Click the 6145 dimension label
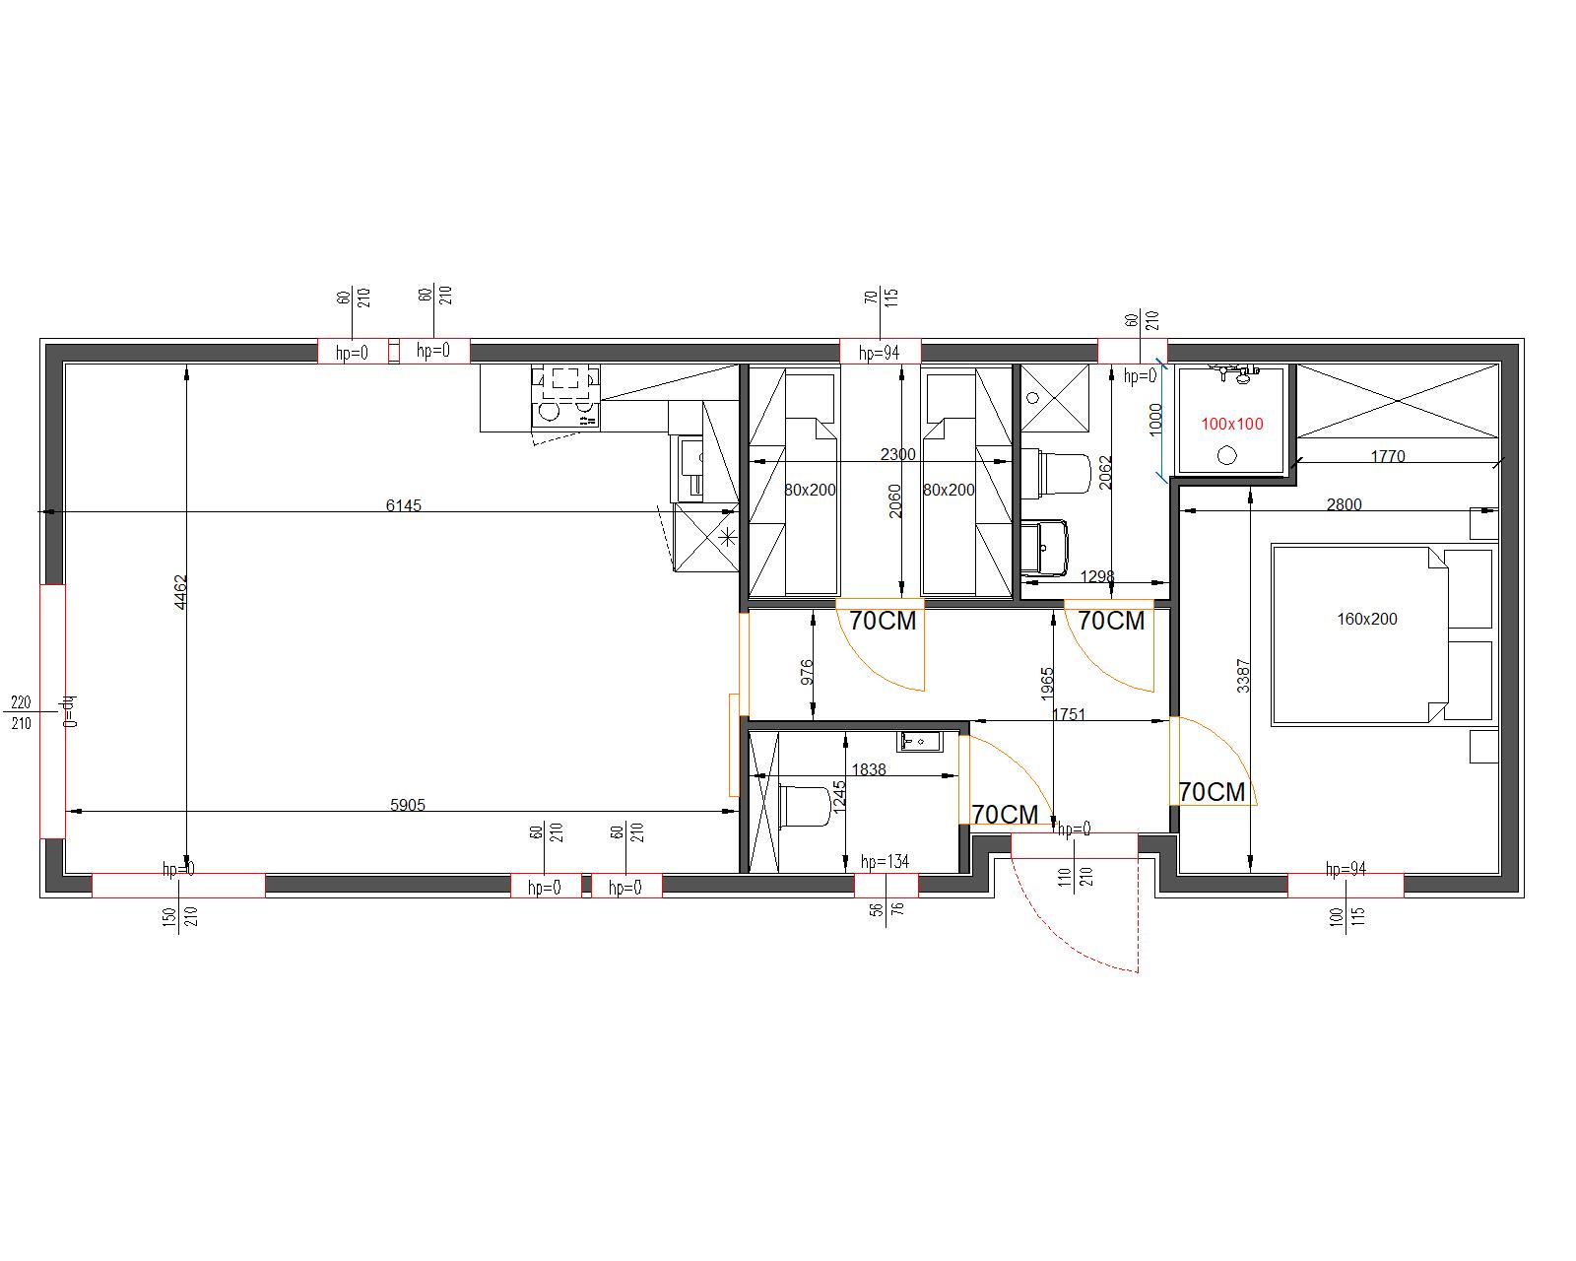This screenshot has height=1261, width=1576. (403, 505)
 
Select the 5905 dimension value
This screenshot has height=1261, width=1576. (407, 805)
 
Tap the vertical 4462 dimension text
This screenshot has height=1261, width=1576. (180, 592)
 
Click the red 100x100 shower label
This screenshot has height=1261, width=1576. (1232, 424)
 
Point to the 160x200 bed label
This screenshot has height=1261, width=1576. (1366, 619)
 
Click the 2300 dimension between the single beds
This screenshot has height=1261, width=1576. (898, 454)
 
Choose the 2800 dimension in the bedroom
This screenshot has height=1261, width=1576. (1344, 504)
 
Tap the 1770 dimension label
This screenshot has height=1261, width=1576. (1388, 456)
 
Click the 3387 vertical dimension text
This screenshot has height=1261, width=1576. (1243, 676)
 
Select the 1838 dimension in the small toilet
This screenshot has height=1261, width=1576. (869, 770)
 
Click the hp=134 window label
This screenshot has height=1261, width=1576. (885, 862)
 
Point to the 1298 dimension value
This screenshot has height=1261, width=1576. (1097, 577)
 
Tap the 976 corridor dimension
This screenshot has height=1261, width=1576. (807, 672)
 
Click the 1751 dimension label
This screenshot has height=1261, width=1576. (1069, 714)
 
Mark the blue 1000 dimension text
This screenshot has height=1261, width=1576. (1155, 420)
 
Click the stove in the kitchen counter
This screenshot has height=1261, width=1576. (565, 396)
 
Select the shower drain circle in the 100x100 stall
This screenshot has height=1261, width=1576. (1226, 456)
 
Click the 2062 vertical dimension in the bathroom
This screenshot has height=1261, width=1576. (1105, 473)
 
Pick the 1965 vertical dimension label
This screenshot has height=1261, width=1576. (1046, 684)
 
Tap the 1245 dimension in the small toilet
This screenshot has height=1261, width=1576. (839, 796)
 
